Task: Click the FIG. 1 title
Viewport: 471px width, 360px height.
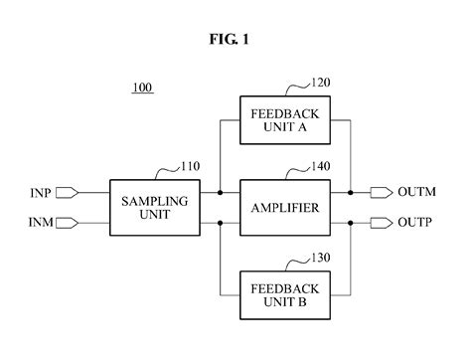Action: tap(235, 41)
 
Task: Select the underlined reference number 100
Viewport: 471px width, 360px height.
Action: tap(143, 88)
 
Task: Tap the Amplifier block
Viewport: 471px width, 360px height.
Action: tap(284, 207)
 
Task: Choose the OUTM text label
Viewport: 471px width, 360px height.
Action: tap(416, 193)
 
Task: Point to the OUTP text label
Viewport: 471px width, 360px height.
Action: tap(415, 222)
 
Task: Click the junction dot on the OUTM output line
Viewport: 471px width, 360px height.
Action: tap(350, 193)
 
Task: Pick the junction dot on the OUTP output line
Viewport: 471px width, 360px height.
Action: tap(350, 222)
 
